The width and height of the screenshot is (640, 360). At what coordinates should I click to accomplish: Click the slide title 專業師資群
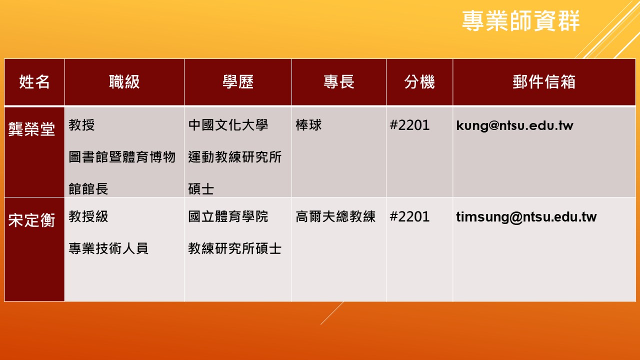point(521,20)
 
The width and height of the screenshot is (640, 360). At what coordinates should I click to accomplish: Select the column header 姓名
point(34,82)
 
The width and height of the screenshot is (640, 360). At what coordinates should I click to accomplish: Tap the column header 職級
point(124,82)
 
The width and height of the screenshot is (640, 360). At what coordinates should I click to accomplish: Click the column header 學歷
point(238,82)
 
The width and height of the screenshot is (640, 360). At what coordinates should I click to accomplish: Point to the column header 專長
point(339,82)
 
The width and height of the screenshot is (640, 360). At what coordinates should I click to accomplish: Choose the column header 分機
point(419,82)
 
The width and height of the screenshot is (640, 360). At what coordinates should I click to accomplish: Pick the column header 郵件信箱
point(544,82)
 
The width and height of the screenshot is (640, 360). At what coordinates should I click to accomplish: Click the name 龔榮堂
point(31,129)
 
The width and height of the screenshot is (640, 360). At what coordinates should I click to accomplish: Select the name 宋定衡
point(31,220)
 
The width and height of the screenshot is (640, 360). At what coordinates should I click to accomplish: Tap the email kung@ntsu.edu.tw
point(514,125)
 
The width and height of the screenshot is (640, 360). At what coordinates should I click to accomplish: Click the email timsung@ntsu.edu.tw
point(526,217)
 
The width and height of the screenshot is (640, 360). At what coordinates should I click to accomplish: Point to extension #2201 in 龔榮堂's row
point(409,125)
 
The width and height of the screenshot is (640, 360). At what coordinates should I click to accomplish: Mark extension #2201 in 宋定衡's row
point(409,216)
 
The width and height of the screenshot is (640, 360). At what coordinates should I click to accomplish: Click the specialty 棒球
point(308,125)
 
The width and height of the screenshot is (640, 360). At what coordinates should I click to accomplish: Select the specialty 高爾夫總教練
point(335,216)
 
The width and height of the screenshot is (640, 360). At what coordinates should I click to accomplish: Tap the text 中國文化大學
point(228,125)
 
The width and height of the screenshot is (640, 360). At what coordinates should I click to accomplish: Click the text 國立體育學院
point(228,216)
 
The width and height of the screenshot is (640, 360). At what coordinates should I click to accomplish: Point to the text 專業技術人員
point(108,248)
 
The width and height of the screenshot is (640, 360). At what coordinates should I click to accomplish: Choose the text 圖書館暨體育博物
point(122,157)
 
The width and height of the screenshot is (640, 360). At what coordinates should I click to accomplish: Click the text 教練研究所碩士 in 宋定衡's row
point(235,248)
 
